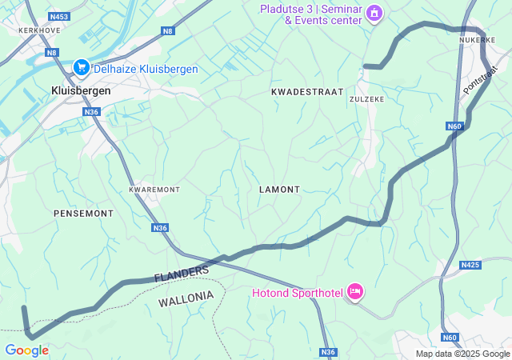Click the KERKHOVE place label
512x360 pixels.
[x=22, y=30]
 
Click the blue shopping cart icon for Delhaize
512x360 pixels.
[x=81, y=69]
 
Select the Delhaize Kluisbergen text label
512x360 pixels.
[x=146, y=70]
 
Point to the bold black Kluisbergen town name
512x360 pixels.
[x=81, y=90]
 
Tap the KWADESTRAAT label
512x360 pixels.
[x=307, y=93]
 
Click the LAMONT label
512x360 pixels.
[x=279, y=190]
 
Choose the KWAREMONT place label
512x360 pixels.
[x=154, y=190]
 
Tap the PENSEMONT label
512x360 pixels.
[x=83, y=214]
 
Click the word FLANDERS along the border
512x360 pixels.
[x=182, y=273]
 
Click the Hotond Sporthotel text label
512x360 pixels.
[x=296, y=293]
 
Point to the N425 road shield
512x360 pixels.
[x=470, y=265]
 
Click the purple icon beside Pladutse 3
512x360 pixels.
[x=374, y=14]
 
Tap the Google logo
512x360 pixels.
[x=26, y=350]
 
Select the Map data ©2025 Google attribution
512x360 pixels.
[x=462, y=354]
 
